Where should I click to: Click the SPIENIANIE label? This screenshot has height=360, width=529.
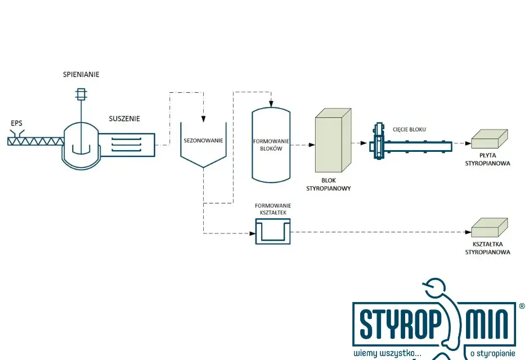tap(81, 74)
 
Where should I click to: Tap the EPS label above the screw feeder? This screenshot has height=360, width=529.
tap(16, 123)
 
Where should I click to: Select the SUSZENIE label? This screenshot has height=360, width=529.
tap(124, 119)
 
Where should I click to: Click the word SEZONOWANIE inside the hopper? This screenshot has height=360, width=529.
tap(203, 141)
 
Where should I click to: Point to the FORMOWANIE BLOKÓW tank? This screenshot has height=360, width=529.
tap(271, 145)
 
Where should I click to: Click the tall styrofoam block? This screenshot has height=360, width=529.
tap(333, 140)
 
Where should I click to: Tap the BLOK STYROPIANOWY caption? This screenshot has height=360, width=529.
tap(328, 184)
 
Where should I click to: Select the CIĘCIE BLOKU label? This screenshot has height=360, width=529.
tap(409, 129)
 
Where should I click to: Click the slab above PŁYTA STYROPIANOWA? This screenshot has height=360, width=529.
tap(489, 139)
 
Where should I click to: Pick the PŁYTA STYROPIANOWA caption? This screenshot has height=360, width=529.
tap(487, 159)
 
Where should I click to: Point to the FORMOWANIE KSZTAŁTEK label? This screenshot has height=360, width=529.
tap(273, 209)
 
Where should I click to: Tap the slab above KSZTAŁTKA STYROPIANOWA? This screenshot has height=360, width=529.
tap(489, 227)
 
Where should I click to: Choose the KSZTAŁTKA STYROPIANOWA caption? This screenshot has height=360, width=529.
tap(487, 248)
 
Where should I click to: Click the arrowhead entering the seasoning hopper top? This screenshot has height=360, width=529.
tap(203, 119)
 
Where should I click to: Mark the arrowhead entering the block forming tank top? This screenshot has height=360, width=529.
tap(271, 103)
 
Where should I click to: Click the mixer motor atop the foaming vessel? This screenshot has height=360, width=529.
tap(81, 94)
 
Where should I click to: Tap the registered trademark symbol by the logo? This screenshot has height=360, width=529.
tap(522, 306)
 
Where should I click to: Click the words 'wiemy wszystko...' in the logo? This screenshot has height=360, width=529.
tap(387, 353)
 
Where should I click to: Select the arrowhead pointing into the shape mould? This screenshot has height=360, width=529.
tap(252, 233)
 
